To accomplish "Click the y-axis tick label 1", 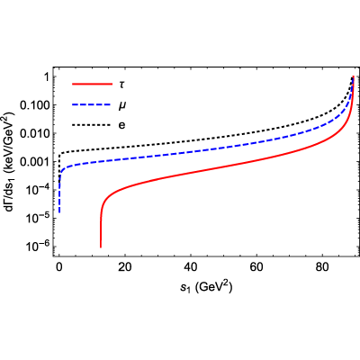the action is tap(46, 77).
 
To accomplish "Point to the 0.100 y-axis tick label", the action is tap(34, 105).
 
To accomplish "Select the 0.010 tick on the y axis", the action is tap(34, 133).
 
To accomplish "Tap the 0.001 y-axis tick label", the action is tap(34, 162).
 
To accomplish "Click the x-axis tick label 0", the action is tap(59, 267).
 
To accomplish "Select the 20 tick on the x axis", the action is tap(125, 267).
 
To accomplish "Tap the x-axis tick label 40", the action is tap(191, 267).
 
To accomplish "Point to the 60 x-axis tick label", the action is tap(256, 267).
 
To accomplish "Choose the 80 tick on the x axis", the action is tap(322, 267).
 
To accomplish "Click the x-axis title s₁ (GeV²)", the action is tap(207, 287).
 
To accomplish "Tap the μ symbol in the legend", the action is tap(121, 105).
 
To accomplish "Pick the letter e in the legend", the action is tap(121, 125).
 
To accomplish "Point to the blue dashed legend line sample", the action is tap(92, 105).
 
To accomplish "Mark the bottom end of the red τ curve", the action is tap(101, 247).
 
